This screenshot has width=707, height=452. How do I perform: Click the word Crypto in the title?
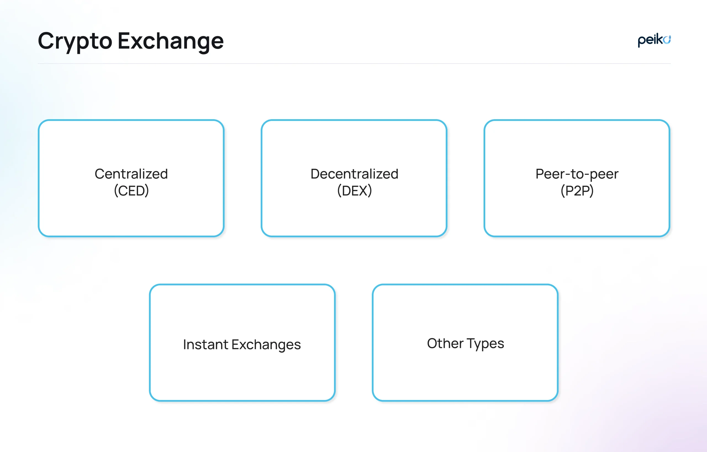coord(75,41)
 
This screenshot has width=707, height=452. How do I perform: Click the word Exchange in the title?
coord(171,41)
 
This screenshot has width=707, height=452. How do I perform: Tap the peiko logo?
coord(654,40)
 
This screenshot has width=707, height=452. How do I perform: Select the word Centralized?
coord(131,174)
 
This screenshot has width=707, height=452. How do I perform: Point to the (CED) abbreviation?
coord(131,191)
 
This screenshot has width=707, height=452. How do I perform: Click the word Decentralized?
coord(354,174)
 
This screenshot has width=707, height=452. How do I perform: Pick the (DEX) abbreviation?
coord(354,191)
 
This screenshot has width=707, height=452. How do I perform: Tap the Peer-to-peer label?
coord(577,174)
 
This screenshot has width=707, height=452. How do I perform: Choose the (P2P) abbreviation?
coord(577,191)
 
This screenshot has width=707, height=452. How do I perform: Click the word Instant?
coord(205,344)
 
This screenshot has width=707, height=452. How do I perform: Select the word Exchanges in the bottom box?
coord(266,344)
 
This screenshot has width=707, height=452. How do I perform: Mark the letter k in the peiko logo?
coord(660,39)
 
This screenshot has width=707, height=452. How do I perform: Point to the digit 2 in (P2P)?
coord(577,191)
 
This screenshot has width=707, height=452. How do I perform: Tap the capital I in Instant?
coord(185,344)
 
